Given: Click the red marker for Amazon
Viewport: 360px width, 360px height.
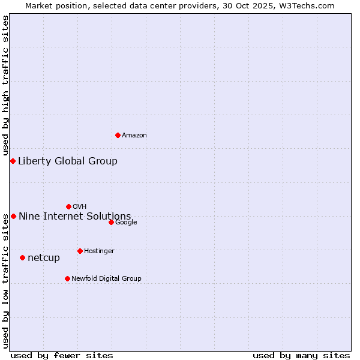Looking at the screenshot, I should pyautogui.click(x=118, y=135).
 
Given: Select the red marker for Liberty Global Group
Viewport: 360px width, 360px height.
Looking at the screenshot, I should pyautogui.click(x=13, y=161).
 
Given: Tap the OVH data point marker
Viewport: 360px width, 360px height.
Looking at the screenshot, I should pyautogui.click(x=68, y=206).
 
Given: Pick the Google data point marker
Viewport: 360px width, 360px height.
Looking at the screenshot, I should pyautogui.click(x=111, y=222).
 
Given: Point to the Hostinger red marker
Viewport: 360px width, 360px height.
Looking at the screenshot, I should pyautogui.click(x=80, y=251).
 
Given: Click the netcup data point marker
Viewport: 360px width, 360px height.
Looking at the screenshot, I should pyautogui.click(x=22, y=257).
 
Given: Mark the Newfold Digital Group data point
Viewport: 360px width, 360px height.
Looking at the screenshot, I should pyautogui.click(x=67, y=278).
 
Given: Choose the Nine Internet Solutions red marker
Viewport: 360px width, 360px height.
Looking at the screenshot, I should pyautogui.click(x=13, y=216).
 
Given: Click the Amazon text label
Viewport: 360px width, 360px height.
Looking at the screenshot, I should pyautogui.click(x=134, y=136).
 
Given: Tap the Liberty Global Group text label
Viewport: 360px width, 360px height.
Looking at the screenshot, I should pyautogui.click(x=68, y=161).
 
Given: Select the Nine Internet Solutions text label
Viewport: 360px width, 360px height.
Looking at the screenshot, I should pyautogui.click(x=74, y=216).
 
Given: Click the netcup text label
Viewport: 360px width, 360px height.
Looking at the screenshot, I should pyautogui.click(x=44, y=258).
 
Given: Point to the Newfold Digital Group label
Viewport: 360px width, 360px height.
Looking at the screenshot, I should pyautogui.click(x=106, y=278).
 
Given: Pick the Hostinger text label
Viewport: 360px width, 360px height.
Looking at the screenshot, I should pyautogui.click(x=99, y=251).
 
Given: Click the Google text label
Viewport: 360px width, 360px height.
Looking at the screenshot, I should pyautogui.click(x=126, y=223).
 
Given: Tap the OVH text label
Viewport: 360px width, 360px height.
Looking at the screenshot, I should pyautogui.click(x=79, y=207).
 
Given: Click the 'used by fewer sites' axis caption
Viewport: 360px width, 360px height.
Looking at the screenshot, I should pyautogui.click(x=62, y=355).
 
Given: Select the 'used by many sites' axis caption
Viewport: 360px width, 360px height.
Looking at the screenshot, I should pyautogui.click(x=301, y=355).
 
